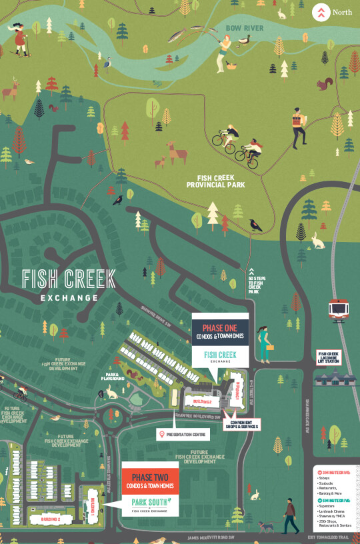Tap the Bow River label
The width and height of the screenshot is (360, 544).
245,28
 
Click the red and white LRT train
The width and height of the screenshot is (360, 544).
339,311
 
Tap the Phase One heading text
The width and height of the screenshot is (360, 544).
220,328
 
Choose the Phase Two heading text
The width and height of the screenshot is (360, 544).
149,478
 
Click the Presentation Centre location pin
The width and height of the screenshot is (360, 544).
161,435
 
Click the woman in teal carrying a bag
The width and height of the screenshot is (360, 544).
266,343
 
